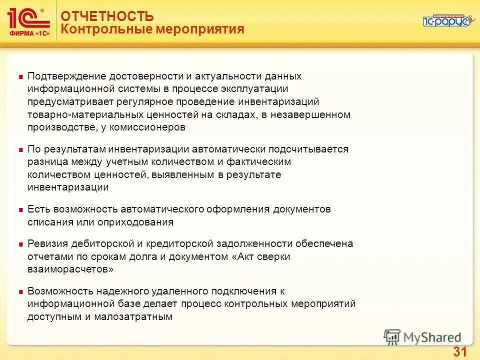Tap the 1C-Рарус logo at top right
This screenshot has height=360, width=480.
pos(445,20)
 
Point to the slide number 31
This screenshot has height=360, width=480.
pos(459,351)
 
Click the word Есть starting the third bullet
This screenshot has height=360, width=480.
pos(38,209)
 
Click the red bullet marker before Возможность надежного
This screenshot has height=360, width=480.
pos(20,291)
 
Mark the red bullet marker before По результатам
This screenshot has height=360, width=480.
pos(20,149)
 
